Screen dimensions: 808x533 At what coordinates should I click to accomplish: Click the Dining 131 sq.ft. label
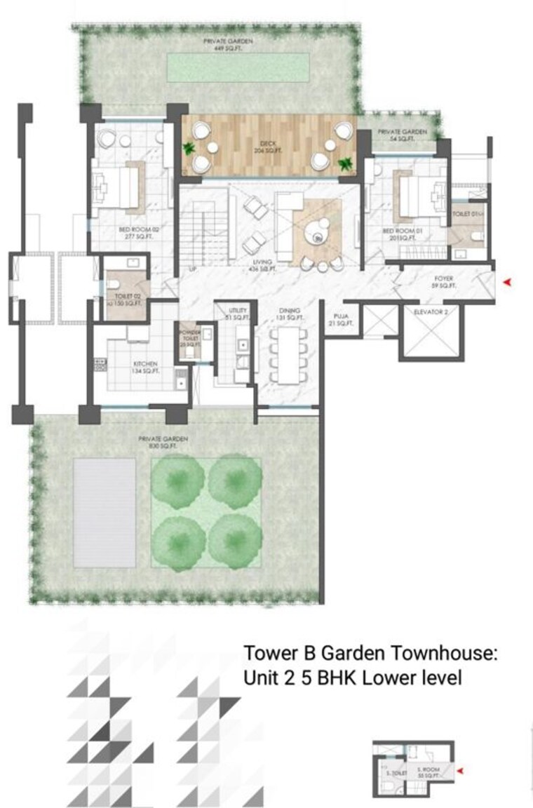[x=289, y=314]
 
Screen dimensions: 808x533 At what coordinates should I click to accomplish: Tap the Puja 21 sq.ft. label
[x=342, y=321]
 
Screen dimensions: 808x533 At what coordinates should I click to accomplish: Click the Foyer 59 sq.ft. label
[x=444, y=282]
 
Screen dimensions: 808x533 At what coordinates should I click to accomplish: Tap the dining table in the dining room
[x=289, y=354]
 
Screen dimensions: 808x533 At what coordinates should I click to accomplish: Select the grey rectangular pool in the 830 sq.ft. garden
[x=104, y=513]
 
